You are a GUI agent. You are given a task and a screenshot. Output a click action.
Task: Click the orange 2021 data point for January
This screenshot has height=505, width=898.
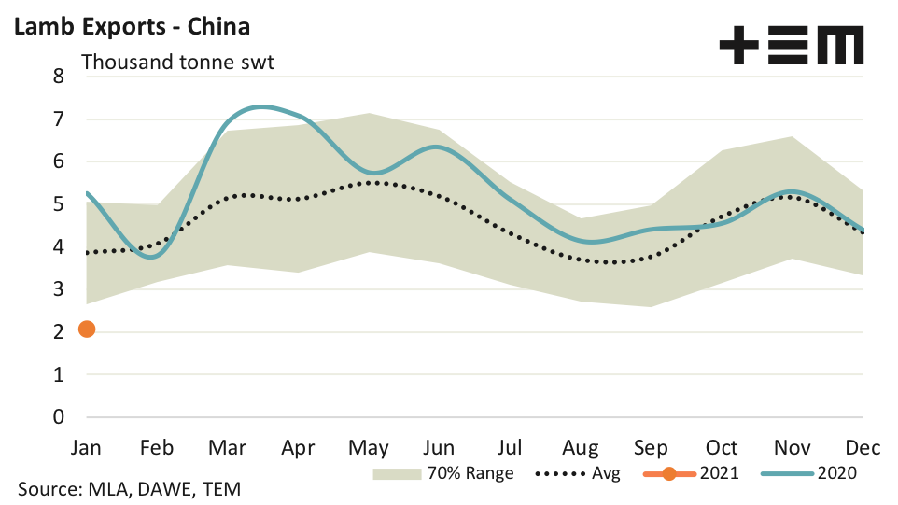coord(87,329)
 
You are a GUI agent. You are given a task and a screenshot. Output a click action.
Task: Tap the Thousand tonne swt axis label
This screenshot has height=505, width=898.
coord(177,63)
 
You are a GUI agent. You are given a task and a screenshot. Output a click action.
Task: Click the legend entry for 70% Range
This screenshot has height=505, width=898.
coord(443,473)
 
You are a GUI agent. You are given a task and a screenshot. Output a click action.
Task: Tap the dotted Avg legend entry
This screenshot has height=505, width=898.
coord(579,473)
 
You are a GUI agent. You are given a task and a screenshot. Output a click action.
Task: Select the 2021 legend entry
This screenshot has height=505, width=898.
coord(692,473)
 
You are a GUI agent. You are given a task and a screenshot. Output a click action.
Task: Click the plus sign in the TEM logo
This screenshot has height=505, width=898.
coord(738,45)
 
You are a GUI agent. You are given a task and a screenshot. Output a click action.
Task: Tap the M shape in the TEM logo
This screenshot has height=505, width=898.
coord(838,45)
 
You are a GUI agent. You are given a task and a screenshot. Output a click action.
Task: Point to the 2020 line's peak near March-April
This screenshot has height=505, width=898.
coord(260,106)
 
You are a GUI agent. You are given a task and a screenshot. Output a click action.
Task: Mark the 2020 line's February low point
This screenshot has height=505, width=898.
coord(155,257)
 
